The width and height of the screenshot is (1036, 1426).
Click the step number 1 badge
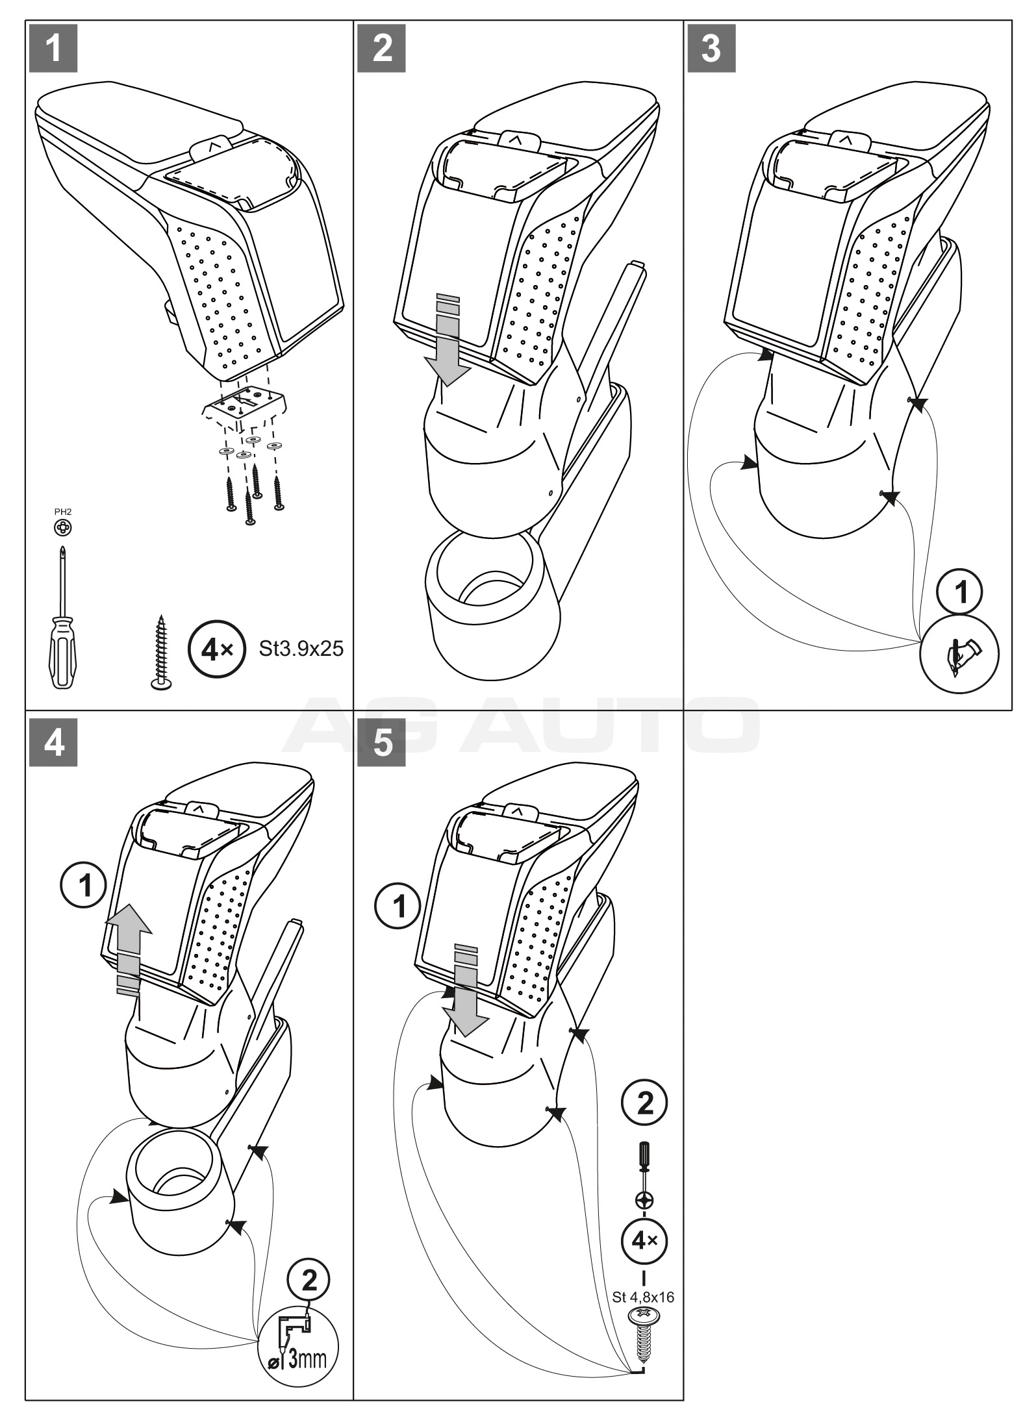[54, 49]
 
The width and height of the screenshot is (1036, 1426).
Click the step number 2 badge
[383, 49]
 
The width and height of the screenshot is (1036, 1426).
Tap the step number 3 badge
[712, 49]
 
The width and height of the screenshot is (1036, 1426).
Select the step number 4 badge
[54, 742]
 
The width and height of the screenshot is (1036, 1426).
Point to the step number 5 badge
[383, 742]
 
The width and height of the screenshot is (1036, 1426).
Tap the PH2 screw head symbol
[62, 527]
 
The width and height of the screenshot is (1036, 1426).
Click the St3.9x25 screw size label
[301, 648]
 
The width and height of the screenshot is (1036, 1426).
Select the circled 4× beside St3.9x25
[215, 649]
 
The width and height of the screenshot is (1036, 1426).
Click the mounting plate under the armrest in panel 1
[244, 406]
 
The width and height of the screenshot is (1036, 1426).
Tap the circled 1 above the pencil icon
[959, 592]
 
